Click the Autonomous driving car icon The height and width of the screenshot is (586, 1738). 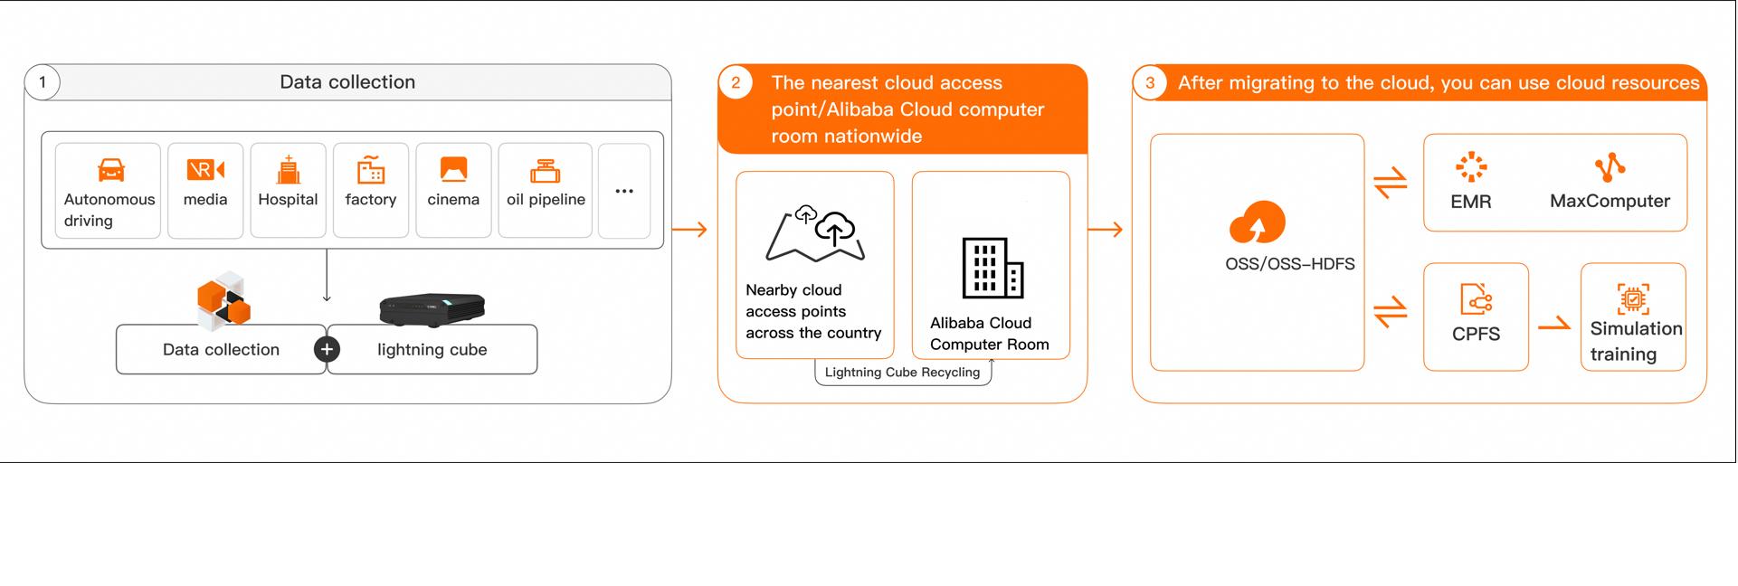click(x=110, y=169)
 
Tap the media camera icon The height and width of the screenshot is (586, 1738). click(x=205, y=169)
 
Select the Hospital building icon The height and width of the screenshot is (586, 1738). click(x=288, y=169)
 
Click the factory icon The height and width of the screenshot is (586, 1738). click(x=371, y=169)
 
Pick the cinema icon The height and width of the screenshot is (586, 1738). click(x=453, y=169)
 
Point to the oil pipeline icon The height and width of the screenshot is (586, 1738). click(x=546, y=170)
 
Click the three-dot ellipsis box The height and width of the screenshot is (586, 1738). click(x=624, y=191)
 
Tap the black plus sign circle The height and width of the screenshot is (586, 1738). click(x=327, y=349)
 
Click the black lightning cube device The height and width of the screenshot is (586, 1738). click(x=432, y=308)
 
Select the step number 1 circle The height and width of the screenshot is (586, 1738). click(x=43, y=82)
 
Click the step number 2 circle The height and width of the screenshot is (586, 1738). click(x=736, y=83)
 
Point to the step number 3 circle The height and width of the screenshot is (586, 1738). click(x=1150, y=83)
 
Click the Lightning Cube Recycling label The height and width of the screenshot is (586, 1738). click(x=902, y=373)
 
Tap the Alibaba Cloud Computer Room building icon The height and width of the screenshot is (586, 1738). click(x=992, y=268)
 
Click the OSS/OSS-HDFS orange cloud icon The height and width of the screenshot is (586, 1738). click(x=1258, y=222)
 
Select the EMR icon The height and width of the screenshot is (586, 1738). click(x=1471, y=167)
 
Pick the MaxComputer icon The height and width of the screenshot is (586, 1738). click(x=1610, y=167)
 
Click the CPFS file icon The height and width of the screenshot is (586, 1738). click(x=1476, y=298)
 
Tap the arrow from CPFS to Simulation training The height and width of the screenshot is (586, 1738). click(x=1554, y=324)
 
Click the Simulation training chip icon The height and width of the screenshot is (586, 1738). click(x=1633, y=298)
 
